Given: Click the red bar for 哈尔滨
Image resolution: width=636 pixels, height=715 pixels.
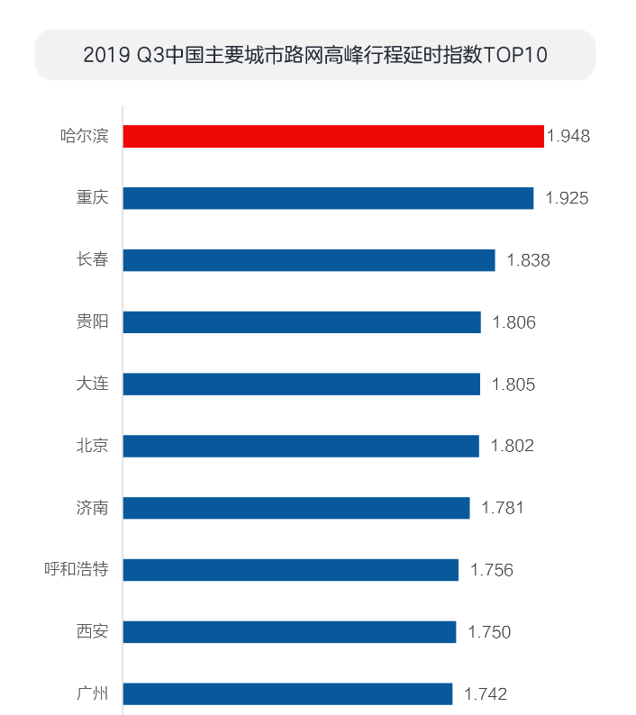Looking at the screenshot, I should point(333,136).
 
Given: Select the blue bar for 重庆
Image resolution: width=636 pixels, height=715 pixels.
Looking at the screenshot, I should point(328,198).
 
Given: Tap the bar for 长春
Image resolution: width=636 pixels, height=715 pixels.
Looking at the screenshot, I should point(309,260).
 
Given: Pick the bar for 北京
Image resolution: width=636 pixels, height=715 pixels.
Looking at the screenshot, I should point(301,446).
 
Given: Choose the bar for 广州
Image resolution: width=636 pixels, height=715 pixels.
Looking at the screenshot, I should point(287,693).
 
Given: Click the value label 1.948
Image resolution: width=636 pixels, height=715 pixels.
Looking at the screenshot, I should point(568,137).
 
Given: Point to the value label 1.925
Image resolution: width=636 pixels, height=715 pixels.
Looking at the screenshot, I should point(567,198).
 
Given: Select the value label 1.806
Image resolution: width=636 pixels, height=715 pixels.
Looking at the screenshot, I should point(514,322).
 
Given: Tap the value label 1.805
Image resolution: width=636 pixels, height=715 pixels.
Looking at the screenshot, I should point(513,385).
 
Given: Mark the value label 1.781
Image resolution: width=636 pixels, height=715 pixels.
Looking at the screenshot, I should point(503,508).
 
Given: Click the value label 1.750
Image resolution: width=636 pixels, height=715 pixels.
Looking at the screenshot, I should point(489,632).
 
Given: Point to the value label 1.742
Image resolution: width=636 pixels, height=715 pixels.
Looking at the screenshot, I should point(486,694).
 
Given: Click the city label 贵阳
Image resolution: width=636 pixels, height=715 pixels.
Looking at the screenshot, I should point(92,321).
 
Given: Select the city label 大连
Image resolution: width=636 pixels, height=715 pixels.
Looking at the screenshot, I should point(92,384).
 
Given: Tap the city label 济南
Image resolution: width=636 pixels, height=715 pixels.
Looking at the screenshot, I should point(92,508).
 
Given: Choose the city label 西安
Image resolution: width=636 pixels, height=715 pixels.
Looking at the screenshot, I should point(92,631).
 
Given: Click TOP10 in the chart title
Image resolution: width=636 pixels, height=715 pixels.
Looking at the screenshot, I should point(515,55).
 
